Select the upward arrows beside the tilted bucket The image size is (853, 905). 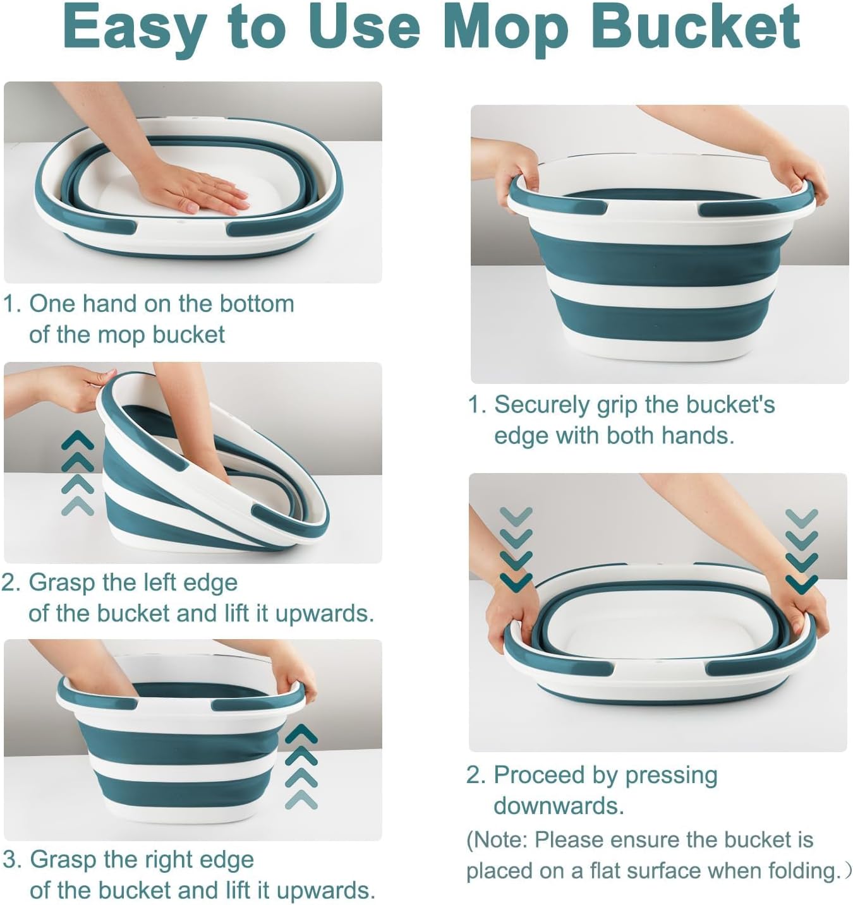78,472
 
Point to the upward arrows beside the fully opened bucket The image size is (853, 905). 301,767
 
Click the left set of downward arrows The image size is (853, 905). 516,549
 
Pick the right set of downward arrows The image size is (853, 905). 801,551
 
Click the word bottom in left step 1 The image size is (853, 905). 257,304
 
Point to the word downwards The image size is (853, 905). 559,806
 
